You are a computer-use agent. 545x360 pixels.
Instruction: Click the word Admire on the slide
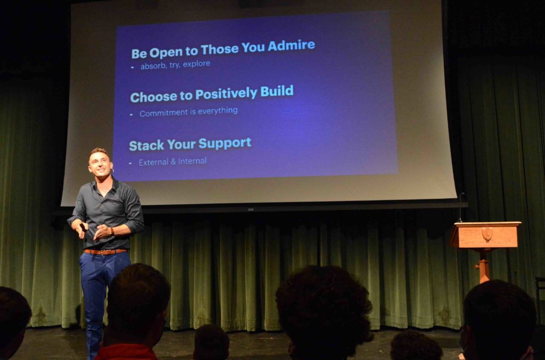click(x=291, y=46)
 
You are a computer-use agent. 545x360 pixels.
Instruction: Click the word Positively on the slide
click(x=226, y=94)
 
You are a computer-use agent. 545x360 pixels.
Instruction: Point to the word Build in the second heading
click(x=277, y=91)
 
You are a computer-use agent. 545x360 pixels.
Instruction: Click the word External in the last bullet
click(x=153, y=162)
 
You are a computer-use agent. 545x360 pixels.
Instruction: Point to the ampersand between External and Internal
click(x=173, y=162)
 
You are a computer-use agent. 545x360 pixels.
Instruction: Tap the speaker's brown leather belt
click(x=105, y=252)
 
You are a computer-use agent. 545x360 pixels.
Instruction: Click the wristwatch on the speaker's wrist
click(x=112, y=232)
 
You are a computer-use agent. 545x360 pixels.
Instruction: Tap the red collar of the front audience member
click(x=126, y=352)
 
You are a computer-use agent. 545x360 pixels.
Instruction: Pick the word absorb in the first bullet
click(x=153, y=66)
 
